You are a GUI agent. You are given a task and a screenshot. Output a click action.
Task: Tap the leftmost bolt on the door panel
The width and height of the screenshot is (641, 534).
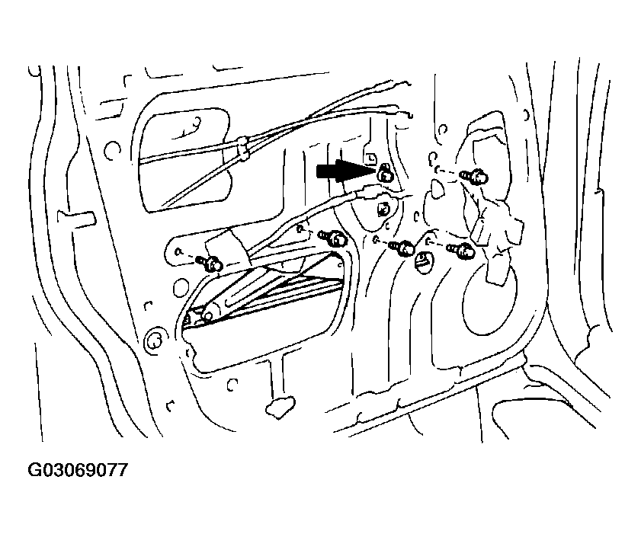point(212,264)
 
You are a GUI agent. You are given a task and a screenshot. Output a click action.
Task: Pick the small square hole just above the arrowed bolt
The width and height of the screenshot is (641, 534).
point(371,158)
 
